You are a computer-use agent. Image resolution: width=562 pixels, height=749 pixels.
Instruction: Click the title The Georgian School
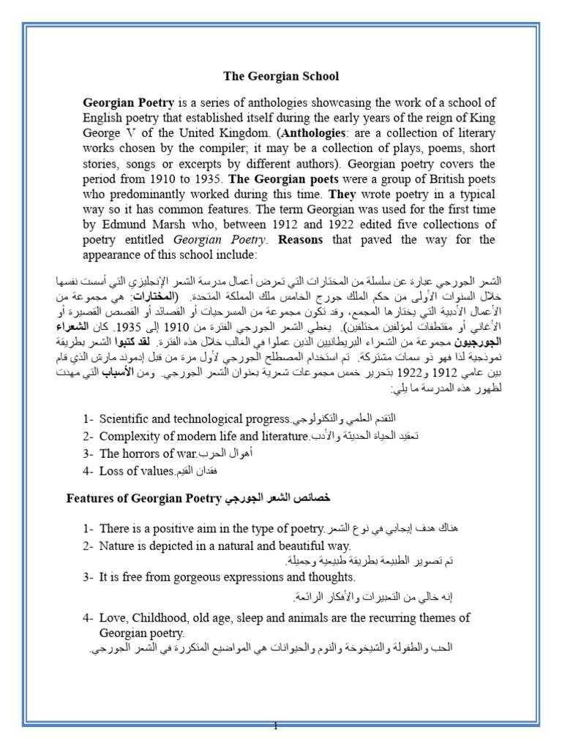point(281,75)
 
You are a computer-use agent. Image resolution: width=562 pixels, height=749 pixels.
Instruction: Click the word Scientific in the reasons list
point(129,419)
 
